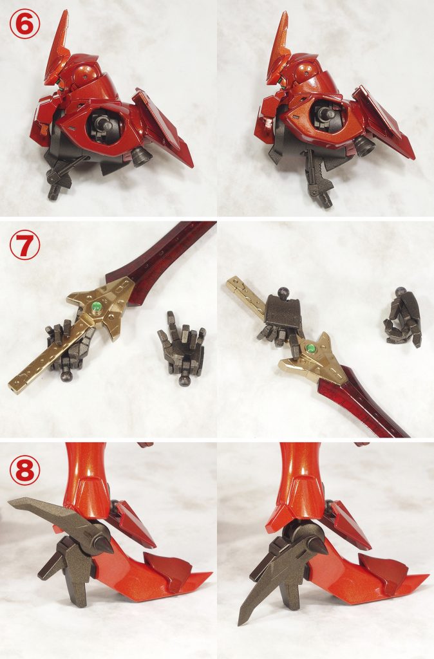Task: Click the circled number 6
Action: pos(24,24)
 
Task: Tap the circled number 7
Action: pos(24,246)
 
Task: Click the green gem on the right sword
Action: pos(312,348)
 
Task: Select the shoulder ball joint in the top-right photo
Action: pos(325,113)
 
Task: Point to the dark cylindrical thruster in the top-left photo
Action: pos(142,158)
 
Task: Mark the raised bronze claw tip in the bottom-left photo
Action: pos(10,501)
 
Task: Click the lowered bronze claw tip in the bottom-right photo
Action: pos(241,622)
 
